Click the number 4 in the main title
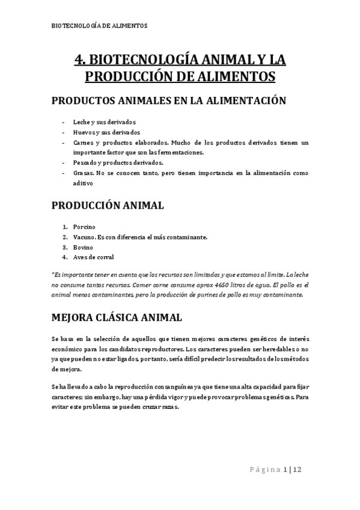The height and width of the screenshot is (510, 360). [x=78, y=60]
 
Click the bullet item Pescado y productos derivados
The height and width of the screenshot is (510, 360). [x=118, y=162]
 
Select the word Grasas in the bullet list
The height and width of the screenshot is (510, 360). [x=82, y=173]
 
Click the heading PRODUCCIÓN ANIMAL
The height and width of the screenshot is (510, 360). [x=108, y=206]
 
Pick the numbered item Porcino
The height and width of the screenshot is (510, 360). [x=85, y=227]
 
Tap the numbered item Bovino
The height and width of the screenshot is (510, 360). [x=83, y=247]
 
